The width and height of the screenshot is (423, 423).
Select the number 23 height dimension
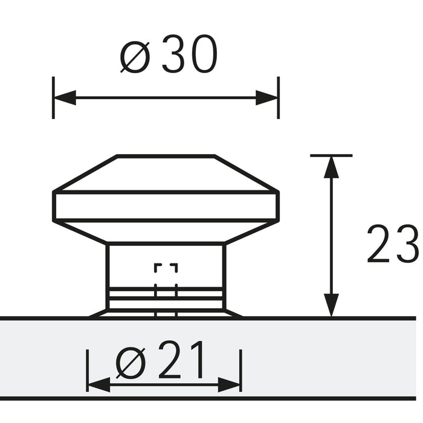click(392, 245)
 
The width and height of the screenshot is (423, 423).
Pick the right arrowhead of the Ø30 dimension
click(267, 98)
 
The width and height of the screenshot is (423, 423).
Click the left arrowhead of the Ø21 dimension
click(98, 384)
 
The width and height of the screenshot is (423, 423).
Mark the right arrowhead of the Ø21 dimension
click(230, 384)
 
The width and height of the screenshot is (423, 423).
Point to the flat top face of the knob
click(166, 157)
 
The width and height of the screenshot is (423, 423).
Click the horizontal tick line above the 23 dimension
click(331, 155)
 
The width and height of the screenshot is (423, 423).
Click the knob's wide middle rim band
click(166, 206)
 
